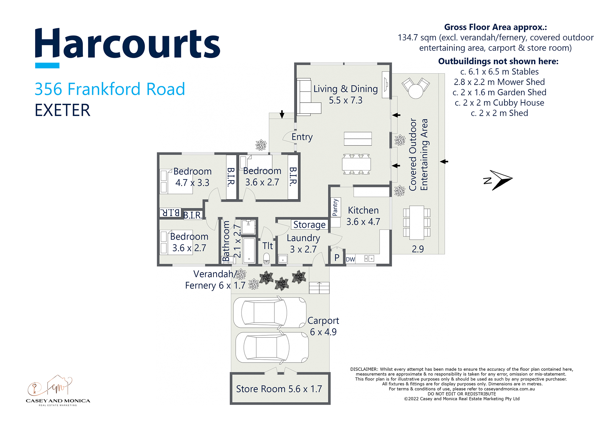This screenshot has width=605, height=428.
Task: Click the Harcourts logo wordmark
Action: click(127, 44)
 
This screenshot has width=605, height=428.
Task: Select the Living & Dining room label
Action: click(345, 94)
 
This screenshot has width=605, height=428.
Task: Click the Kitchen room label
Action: click(363, 216)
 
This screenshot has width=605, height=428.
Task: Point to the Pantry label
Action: click(335, 207)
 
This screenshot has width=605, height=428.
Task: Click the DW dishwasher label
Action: click(350, 259)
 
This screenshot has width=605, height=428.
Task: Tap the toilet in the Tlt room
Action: click(267, 258)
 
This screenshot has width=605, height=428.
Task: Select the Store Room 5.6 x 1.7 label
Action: click(279, 389)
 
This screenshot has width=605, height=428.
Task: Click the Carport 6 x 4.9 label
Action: click(323, 326)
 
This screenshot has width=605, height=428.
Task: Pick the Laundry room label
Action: click(303, 243)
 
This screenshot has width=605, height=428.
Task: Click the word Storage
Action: click(309, 225)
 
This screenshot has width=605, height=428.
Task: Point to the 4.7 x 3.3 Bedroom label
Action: click(192, 177)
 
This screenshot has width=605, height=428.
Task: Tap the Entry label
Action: click(302, 137)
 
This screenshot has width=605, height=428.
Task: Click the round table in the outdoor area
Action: click(416, 91)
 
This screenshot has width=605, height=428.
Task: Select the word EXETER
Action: click(63, 110)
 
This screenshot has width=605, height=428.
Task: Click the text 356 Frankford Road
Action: click(110, 89)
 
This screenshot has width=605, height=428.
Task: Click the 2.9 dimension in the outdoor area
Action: click(418, 249)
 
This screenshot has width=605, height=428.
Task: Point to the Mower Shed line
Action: click(499, 82)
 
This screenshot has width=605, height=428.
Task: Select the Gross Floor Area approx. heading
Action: click(495, 27)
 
